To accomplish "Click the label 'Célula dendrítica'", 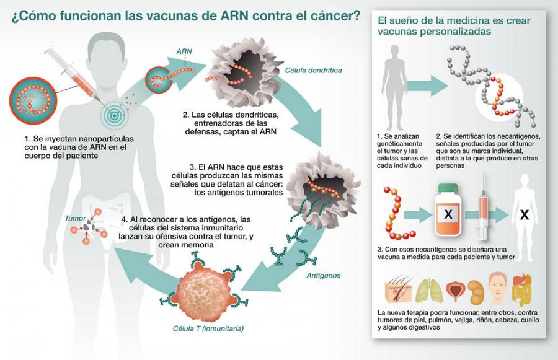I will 313,71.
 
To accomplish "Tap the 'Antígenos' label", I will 322,275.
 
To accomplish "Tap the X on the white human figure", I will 525,216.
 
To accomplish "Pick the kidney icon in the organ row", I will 476,289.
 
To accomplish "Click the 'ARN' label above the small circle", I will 185,51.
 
